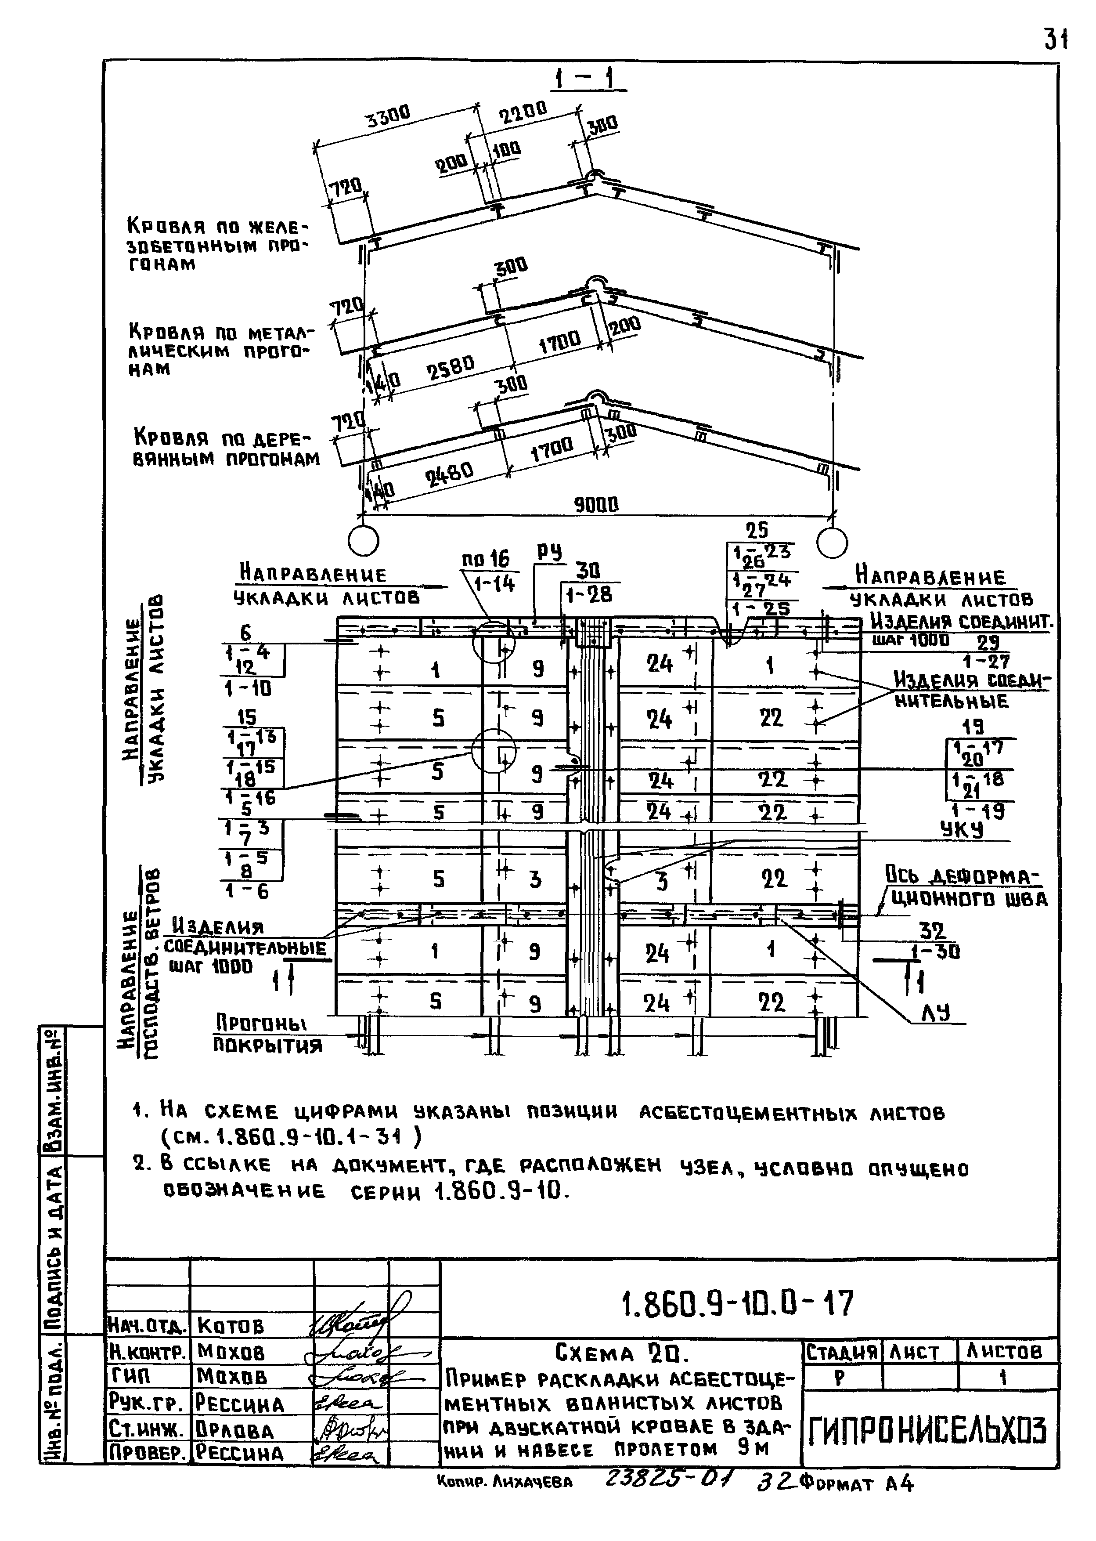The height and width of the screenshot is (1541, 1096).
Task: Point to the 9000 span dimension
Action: (x=595, y=504)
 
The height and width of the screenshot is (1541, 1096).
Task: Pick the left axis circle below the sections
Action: (x=363, y=541)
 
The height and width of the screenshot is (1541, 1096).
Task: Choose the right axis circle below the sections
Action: (x=832, y=541)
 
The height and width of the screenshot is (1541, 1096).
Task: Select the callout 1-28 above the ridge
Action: (x=589, y=595)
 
